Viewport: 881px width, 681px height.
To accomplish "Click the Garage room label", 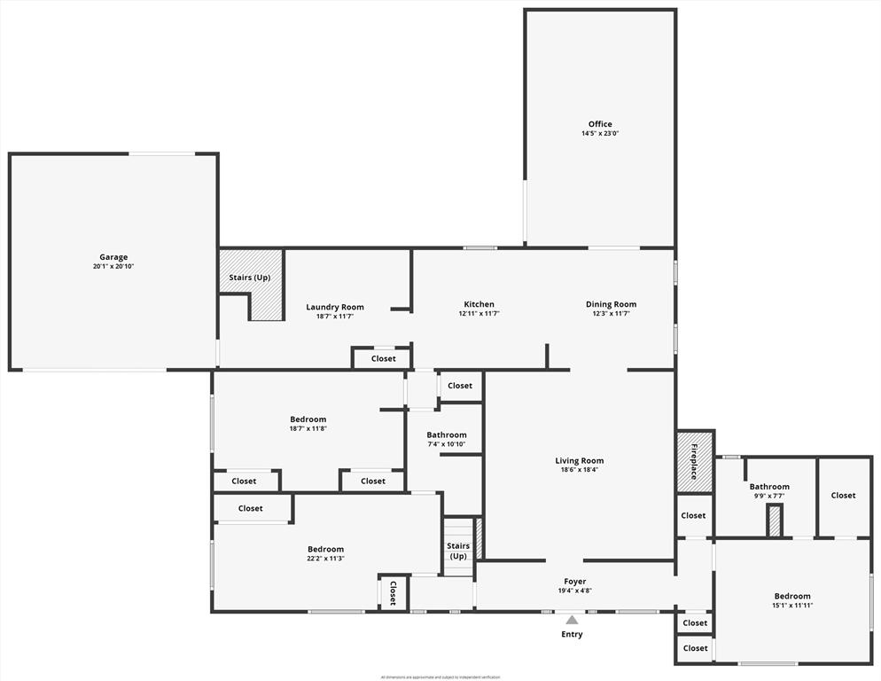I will click(113, 257).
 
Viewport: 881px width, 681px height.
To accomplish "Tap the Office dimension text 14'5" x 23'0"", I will click(600, 134).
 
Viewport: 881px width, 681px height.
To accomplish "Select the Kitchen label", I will click(479, 304).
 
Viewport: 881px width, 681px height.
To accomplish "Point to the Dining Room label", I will click(611, 304).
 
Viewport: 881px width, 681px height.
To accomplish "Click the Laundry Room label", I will click(335, 307).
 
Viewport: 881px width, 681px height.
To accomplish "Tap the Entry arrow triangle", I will click(572, 620).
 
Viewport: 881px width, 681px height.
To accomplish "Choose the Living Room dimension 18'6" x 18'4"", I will click(580, 470).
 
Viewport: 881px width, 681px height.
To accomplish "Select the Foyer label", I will click(575, 582).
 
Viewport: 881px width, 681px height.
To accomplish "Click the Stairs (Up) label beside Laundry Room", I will click(250, 278).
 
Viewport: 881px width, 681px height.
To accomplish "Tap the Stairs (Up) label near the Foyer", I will click(458, 551).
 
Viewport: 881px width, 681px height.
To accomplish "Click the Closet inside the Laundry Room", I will click(383, 358).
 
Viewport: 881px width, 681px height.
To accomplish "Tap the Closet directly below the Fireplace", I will click(693, 515).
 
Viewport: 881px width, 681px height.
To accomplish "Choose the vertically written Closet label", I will click(393, 592).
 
